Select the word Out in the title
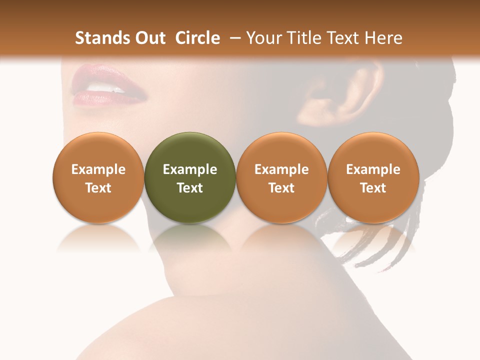tap(148, 38)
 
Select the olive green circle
tap(190, 177)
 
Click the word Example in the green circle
tap(190, 169)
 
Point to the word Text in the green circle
tap(190, 188)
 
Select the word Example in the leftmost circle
tap(98, 169)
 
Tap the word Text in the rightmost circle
tap(373, 188)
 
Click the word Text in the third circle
tap(281, 188)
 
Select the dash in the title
tap(233, 38)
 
